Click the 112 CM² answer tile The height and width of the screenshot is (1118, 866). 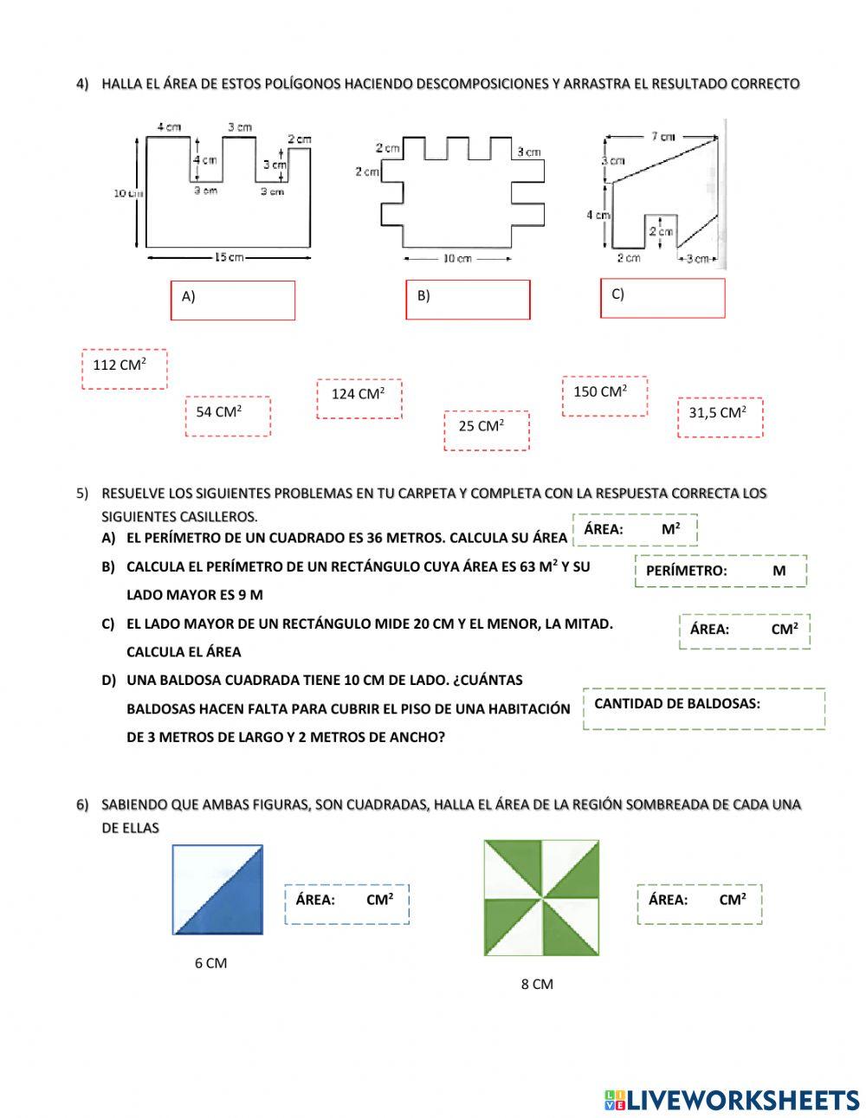pyautogui.click(x=124, y=368)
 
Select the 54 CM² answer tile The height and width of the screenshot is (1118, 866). pyautogui.click(x=228, y=416)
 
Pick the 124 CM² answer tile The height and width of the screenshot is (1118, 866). pyautogui.click(x=359, y=398)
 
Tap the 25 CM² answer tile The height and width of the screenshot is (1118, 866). pyautogui.click(x=486, y=430)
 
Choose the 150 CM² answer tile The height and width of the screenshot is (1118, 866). pyautogui.click(x=604, y=396)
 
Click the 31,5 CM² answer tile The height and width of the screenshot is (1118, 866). pyautogui.click(x=720, y=417)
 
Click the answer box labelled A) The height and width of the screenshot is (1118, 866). pyautogui.click(x=233, y=300)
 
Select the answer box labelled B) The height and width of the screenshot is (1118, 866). pyautogui.click(x=468, y=299)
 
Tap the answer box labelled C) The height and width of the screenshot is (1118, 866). pyautogui.click(x=662, y=297)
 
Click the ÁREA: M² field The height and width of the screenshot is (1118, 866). pyautogui.click(x=635, y=529)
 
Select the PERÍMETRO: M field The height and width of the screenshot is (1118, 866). pyautogui.click(x=721, y=571)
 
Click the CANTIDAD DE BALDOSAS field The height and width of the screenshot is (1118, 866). pyautogui.click(x=703, y=708)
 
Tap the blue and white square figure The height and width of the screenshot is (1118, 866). pyautogui.click(x=217, y=889)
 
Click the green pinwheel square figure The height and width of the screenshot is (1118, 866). pyautogui.click(x=541, y=897)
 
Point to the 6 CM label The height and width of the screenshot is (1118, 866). pyautogui.click(x=210, y=963)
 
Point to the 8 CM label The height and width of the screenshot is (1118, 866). pyautogui.click(x=537, y=984)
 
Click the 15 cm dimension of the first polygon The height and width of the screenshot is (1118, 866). pyautogui.click(x=229, y=256)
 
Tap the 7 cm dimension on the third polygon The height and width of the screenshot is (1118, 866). pyautogui.click(x=662, y=136)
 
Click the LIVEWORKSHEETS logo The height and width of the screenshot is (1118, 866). pyautogui.click(x=731, y=1100)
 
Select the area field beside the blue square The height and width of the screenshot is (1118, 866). pyautogui.click(x=346, y=903)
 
